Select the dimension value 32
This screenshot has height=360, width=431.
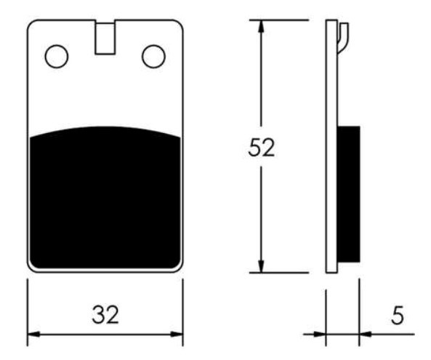(105, 314)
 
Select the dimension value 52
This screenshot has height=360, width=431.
(261, 148)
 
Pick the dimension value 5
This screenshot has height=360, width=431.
(398, 315)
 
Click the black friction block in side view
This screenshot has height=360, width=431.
(348, 194)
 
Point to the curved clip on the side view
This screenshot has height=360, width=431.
(344, 37)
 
